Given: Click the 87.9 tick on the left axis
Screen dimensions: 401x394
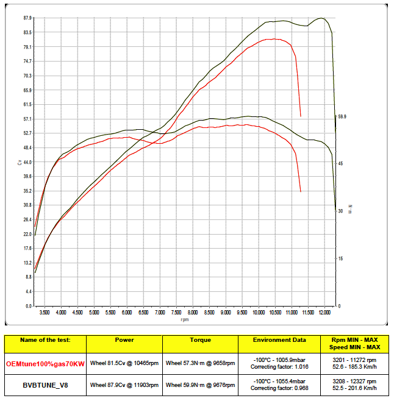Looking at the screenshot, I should tap(27, 18).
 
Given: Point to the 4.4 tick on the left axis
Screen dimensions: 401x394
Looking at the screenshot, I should tap(29, 291).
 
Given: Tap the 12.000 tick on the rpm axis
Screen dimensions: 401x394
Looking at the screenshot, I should tap(324, 311).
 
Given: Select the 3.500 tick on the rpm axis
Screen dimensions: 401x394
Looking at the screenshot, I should tap(45, 311).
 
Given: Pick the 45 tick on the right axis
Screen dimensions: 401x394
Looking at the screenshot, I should tap(340, 163).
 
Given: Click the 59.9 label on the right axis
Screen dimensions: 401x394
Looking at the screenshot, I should tap(342, 116).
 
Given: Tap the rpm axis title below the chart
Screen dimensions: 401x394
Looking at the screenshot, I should tap(184, 319).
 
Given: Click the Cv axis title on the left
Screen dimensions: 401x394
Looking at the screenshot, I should tap(20, 163).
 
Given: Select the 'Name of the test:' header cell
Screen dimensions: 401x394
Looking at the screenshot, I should tap(45, 340).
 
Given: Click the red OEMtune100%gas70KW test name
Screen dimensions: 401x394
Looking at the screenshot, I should tap(45, 363).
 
